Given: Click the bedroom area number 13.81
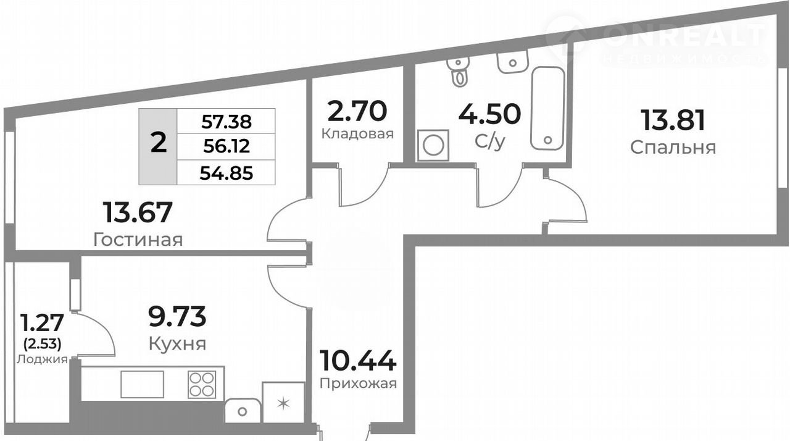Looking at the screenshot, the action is pyautogui.click(x=673, y=120).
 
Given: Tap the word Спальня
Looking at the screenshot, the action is pyautogui.click(x=673, y=148).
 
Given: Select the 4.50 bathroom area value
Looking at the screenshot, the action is pyautogui.click(x=489, y=114).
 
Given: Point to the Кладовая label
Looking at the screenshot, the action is pyautogui.click(x=357, y=134).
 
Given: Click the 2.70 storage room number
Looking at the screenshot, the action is pyautogui.click(x=357, y=111).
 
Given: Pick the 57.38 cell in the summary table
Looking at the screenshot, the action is pyautogui.click(x=227, y=122).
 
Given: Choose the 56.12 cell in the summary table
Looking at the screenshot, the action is pyautogui.click(x=227, y=146).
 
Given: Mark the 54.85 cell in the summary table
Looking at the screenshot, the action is pyautogui.click(x=227, y=173).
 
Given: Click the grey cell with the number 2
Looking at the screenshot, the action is pyautogui.click(x=158, y=146).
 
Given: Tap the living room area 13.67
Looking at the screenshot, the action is pyautogui.click(x=138, y=212).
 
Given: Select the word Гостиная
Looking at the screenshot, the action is pyautogui.click(x=138, y=240).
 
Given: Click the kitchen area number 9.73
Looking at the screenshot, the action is pyautogui.click(x=177, y=316).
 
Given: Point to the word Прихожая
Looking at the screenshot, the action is pyautogui.click(x=358, y=384).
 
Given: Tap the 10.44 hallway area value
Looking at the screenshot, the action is pyautogui.click(x=357, y=361).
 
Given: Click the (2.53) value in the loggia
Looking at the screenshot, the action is pyautogui.click(x=43, y=343).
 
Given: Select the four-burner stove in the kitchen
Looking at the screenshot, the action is pyautogui.click(x=202, y=385).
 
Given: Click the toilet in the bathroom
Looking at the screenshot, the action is pyautogui.click(x=458, y=71).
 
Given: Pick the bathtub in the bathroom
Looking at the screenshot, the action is pyautogui.click(x=547, y=108).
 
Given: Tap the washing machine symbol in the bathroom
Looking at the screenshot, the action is pyautogui.click(x=433, y=145).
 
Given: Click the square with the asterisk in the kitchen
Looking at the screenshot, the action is pyautogui.click(x=283, y=403).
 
